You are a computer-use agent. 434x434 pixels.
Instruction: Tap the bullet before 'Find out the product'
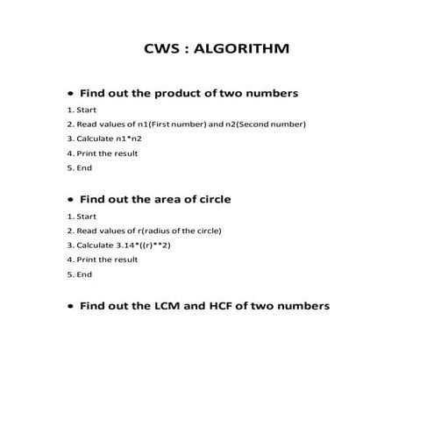(70, 93)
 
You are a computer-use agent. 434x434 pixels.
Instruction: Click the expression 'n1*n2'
(128, 139)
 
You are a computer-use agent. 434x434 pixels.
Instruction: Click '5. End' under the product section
(79, 167)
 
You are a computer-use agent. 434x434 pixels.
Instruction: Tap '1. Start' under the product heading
(82, 110)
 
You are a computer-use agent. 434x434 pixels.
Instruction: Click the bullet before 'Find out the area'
(70, 200)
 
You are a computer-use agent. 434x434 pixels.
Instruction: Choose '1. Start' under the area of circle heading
(82, 217)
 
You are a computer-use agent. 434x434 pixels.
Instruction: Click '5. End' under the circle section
(79, 274)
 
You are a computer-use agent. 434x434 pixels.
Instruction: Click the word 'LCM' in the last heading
(167, 307)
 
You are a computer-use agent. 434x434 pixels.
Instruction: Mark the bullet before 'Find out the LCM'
(70, 308)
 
